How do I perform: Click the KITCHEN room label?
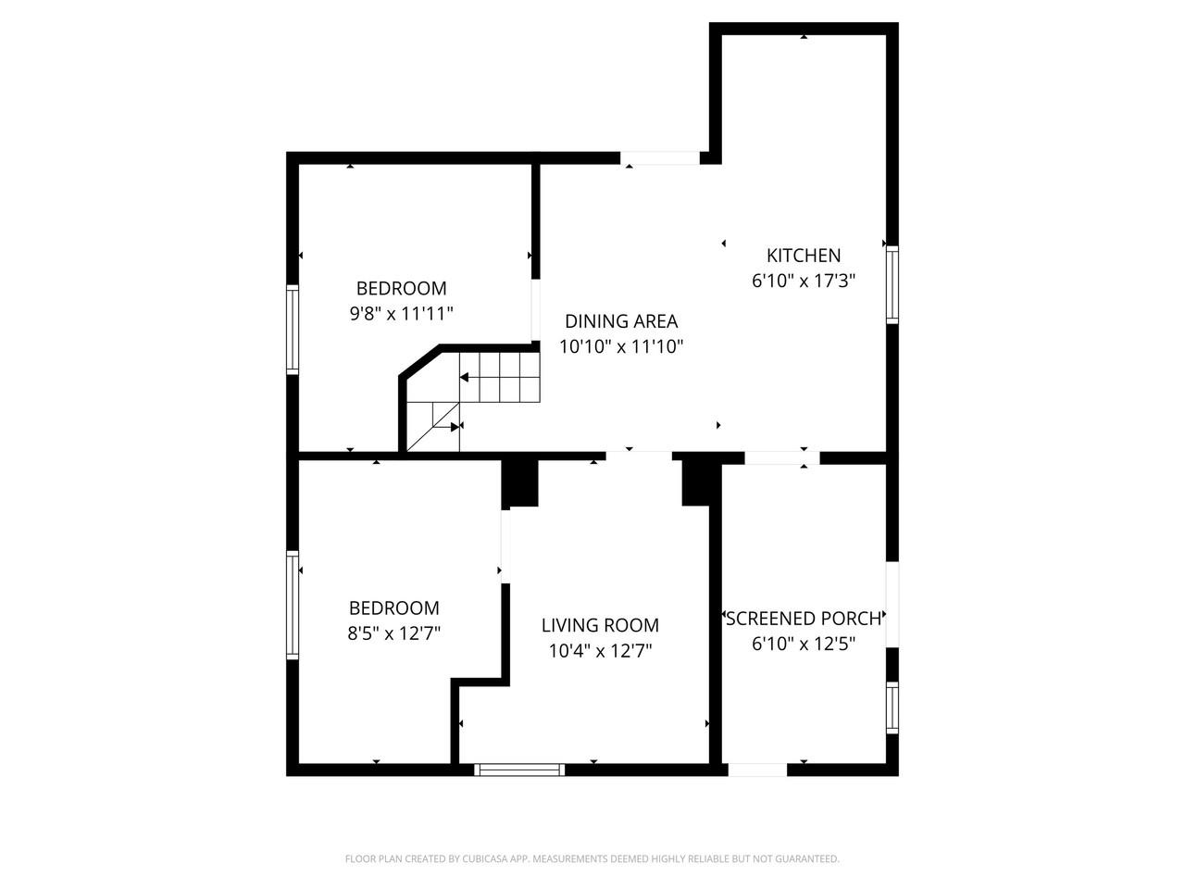[x=803, y=256]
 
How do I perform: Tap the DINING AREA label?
[x=621, y=321]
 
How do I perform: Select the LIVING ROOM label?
[x=600, y=625]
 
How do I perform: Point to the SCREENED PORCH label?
[x=803, y=619]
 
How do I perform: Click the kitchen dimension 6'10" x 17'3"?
[x=803, y=281]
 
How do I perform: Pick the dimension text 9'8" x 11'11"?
[x=401, y=313]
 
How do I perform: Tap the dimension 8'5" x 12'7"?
[x=393, y=633]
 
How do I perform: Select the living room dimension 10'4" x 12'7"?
[x=600, y=650]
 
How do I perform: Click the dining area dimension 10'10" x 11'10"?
[x=621, y=346]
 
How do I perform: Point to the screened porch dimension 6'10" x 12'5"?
[x=803, y=644]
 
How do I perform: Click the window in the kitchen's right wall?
[x=892, y=284]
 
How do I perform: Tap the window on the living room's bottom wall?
[x=519, y=769]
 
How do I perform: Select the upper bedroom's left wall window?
[x=293, y=329]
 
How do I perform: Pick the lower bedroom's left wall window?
[x=293, y=604]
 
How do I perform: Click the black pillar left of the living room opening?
[x=520, y=482]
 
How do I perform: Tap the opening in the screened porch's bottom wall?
[x=757, y=769]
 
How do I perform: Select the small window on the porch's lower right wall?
[x=892, y=707]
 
